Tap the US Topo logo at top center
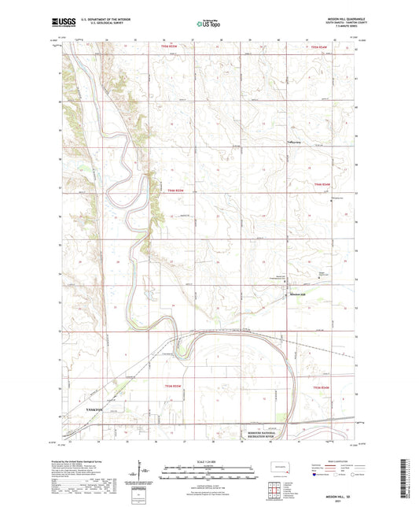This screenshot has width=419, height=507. tap(208, 25)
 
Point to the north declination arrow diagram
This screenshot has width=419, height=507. tap(144, 471)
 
